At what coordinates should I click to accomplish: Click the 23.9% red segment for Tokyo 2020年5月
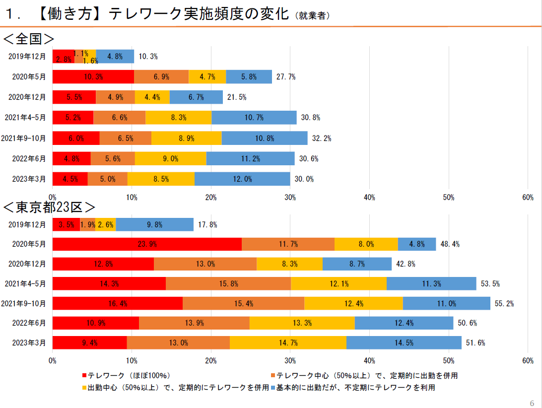pyautogui.click(x=147, y=244)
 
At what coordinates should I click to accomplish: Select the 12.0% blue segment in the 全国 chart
pyautogui.click(x=242, y=179)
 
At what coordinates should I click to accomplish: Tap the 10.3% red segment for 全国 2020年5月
pyautogui.click(x=93, y=76)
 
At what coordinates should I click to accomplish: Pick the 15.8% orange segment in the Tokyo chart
pyautogui.click(x=228, y=283)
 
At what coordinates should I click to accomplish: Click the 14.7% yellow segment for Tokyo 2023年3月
pyautogui.click(x=288, y=342)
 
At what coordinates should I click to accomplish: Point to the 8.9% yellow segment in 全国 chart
pyautogui.click(x=186, y=138)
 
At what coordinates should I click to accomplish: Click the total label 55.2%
pyautogui.click(x=504, y=303)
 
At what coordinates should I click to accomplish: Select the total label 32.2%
pyautogui.click(x=322, y=138)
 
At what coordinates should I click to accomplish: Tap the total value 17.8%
pyautogui.click(x=207, y=224)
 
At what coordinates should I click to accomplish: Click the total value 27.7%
pyautogui.click(x=286, y=76)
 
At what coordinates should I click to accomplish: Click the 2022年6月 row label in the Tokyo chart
pyautogui.click(x=28, y=323)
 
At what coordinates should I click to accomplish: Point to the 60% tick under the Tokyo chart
pyautogui.click(x=528, y=361)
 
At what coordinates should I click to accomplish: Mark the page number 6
pyautogui.click(x=532, y=403)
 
